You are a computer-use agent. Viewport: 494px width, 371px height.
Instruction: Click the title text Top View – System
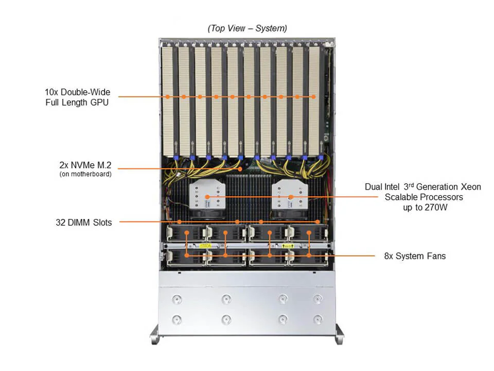click(x=247, y=29)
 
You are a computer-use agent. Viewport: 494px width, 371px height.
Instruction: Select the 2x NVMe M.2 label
click(x=85, y=166)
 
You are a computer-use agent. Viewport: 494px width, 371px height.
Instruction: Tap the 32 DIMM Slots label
click(x=83, y=223)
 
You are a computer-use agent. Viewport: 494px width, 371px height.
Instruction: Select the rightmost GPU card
click(x=314, y=98)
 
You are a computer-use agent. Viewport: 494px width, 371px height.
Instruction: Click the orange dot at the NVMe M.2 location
click(x=240, y=168)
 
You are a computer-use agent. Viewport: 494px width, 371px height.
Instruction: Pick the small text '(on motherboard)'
click(x=85, y=174)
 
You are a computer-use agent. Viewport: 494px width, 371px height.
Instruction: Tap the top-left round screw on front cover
click(x=177, y=298)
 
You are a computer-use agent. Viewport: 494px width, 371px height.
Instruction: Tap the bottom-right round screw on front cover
click(x=317, y=319)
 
